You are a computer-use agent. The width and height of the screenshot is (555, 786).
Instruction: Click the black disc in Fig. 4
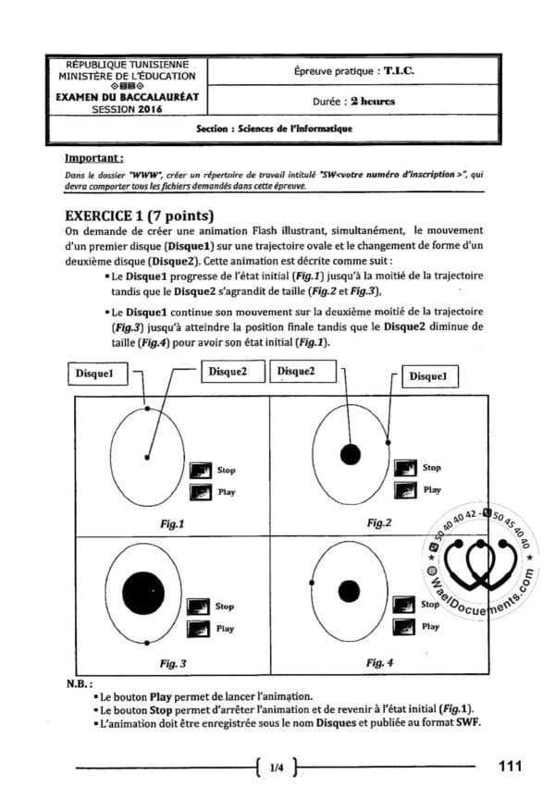pyautogui.click(x=349, y=590)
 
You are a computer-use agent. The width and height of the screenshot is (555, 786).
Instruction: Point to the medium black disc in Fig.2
pyautogui.click(x=350, y=454)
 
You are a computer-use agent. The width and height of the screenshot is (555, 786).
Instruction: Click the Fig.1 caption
pyautogui.click(x=172, y=523)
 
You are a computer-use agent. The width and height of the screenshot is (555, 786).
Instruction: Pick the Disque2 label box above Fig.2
pyautogui.click(x=296, y=371)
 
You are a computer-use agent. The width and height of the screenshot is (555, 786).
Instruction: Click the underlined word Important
pyautogui.click(x=95, y=159)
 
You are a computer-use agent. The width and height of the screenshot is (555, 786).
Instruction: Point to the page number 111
pyautogui.click(x=511, y=766)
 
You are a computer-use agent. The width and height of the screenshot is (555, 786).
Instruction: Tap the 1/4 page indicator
pyautogui.click(x=277, y=767)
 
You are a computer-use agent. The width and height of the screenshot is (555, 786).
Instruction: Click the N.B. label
pyautogui.click(x=79, y=684)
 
